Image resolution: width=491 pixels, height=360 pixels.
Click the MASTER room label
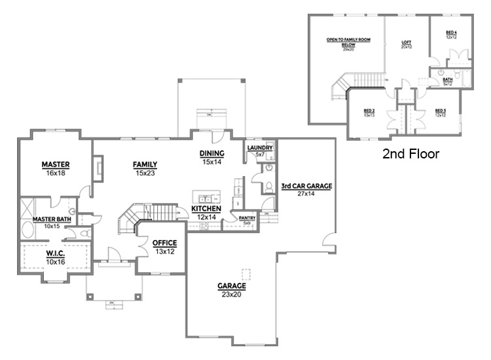(x=56, y=164)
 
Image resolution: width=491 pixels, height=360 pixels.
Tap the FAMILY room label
(x=145, y=164)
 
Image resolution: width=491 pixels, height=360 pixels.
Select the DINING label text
(x=213, y=153)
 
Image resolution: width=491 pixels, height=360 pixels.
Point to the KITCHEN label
(x=206, y=209)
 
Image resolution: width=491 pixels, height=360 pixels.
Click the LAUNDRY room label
(x=260, y=149)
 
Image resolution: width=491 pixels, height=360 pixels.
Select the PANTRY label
(x=247, y=217)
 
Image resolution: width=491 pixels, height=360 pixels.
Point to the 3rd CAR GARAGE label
(x=306, y=186)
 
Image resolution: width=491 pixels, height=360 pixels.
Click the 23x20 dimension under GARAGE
(x=232, y=295)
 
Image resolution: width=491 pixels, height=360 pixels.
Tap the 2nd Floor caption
(x=410, y=154)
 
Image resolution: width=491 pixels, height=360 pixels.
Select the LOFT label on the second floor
(x=407, y=43)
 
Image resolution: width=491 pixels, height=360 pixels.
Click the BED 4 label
(x=451, y=32)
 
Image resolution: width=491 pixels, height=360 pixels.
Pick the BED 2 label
(x=369, y=111)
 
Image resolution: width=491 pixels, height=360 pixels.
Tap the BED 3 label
(x=441, y=111)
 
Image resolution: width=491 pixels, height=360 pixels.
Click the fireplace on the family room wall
(x=97, y=167)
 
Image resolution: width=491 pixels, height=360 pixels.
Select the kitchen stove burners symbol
(x=204, y=226)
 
